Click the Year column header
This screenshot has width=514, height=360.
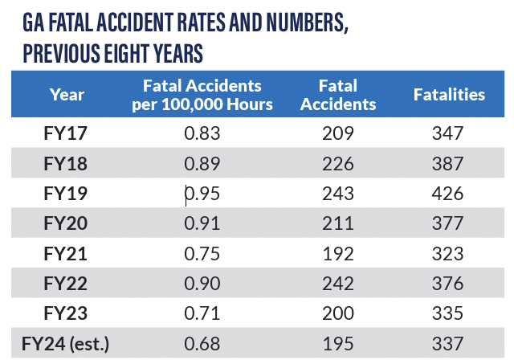click(x=67, y=94)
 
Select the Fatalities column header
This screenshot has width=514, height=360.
click(x=449, y=94)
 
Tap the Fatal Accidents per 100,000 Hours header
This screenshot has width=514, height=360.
click(x=202, y=94)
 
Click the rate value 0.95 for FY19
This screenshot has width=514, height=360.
click(x=202, y=194)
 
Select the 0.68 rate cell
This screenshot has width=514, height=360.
click(x=202, y=344)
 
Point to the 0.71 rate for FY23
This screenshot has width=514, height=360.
click(x=202, y=313)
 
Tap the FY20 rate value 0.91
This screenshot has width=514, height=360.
click(x=202, y=223)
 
